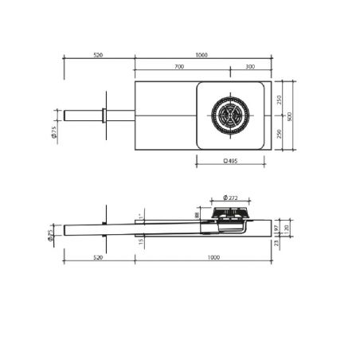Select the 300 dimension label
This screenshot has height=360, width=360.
click(x=250, y=67)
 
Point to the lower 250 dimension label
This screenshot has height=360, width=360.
click(x=279, y=133)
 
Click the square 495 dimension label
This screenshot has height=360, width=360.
click(x=230, y=161)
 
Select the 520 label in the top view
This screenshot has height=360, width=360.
click(x=98, y=56)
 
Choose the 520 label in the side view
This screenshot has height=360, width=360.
click(x=98, y=258)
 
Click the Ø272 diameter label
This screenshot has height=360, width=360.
click(x=231, y=198)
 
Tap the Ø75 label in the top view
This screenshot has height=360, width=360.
click(x=53, y=133)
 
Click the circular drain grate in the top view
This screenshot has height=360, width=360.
click(x=230, y=115)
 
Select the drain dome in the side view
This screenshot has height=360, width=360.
click(x=231, y=213)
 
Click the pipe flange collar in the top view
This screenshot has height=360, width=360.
click(x=104, y=115)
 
